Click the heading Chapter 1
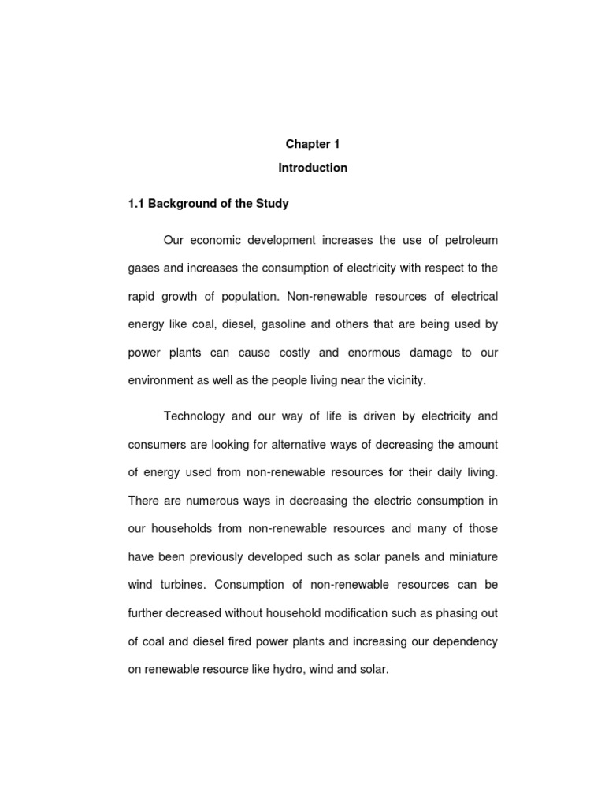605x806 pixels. click(312, 145)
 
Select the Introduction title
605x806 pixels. click(312, 168)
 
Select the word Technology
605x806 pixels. click(193, 416)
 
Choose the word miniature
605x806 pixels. click(467, 557)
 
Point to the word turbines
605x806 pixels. click(180, 586)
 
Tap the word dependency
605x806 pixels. click(464, 642)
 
